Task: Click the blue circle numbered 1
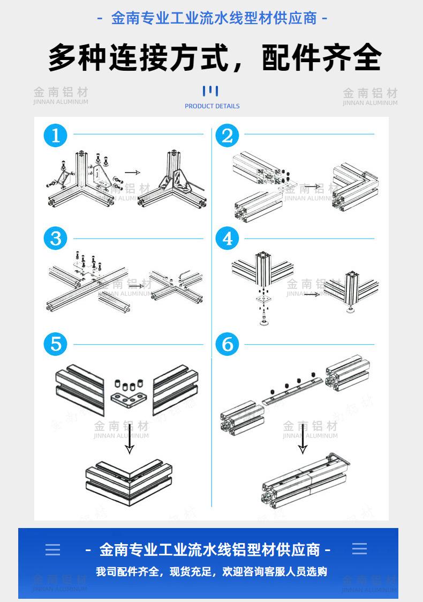click(x=56, y=136)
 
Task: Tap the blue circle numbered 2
click(x=227, y=136)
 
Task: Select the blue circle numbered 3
click(x=56, y=238)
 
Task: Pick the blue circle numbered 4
click(x=227, y=238)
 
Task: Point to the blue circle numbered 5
click(x=56, y=344)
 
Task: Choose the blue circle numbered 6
click(x=227, y=344)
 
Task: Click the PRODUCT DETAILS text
click(x=212, y=106)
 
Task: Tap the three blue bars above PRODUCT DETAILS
click(x=210, y=91)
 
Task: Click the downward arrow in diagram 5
click(x=129, y=440)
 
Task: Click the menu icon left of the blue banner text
click(x=52, y=549)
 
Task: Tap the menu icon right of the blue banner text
click(x=360, y=549)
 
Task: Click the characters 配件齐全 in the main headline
click(x=322, y=57)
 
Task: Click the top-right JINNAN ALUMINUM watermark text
click(x=370, y=103)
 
